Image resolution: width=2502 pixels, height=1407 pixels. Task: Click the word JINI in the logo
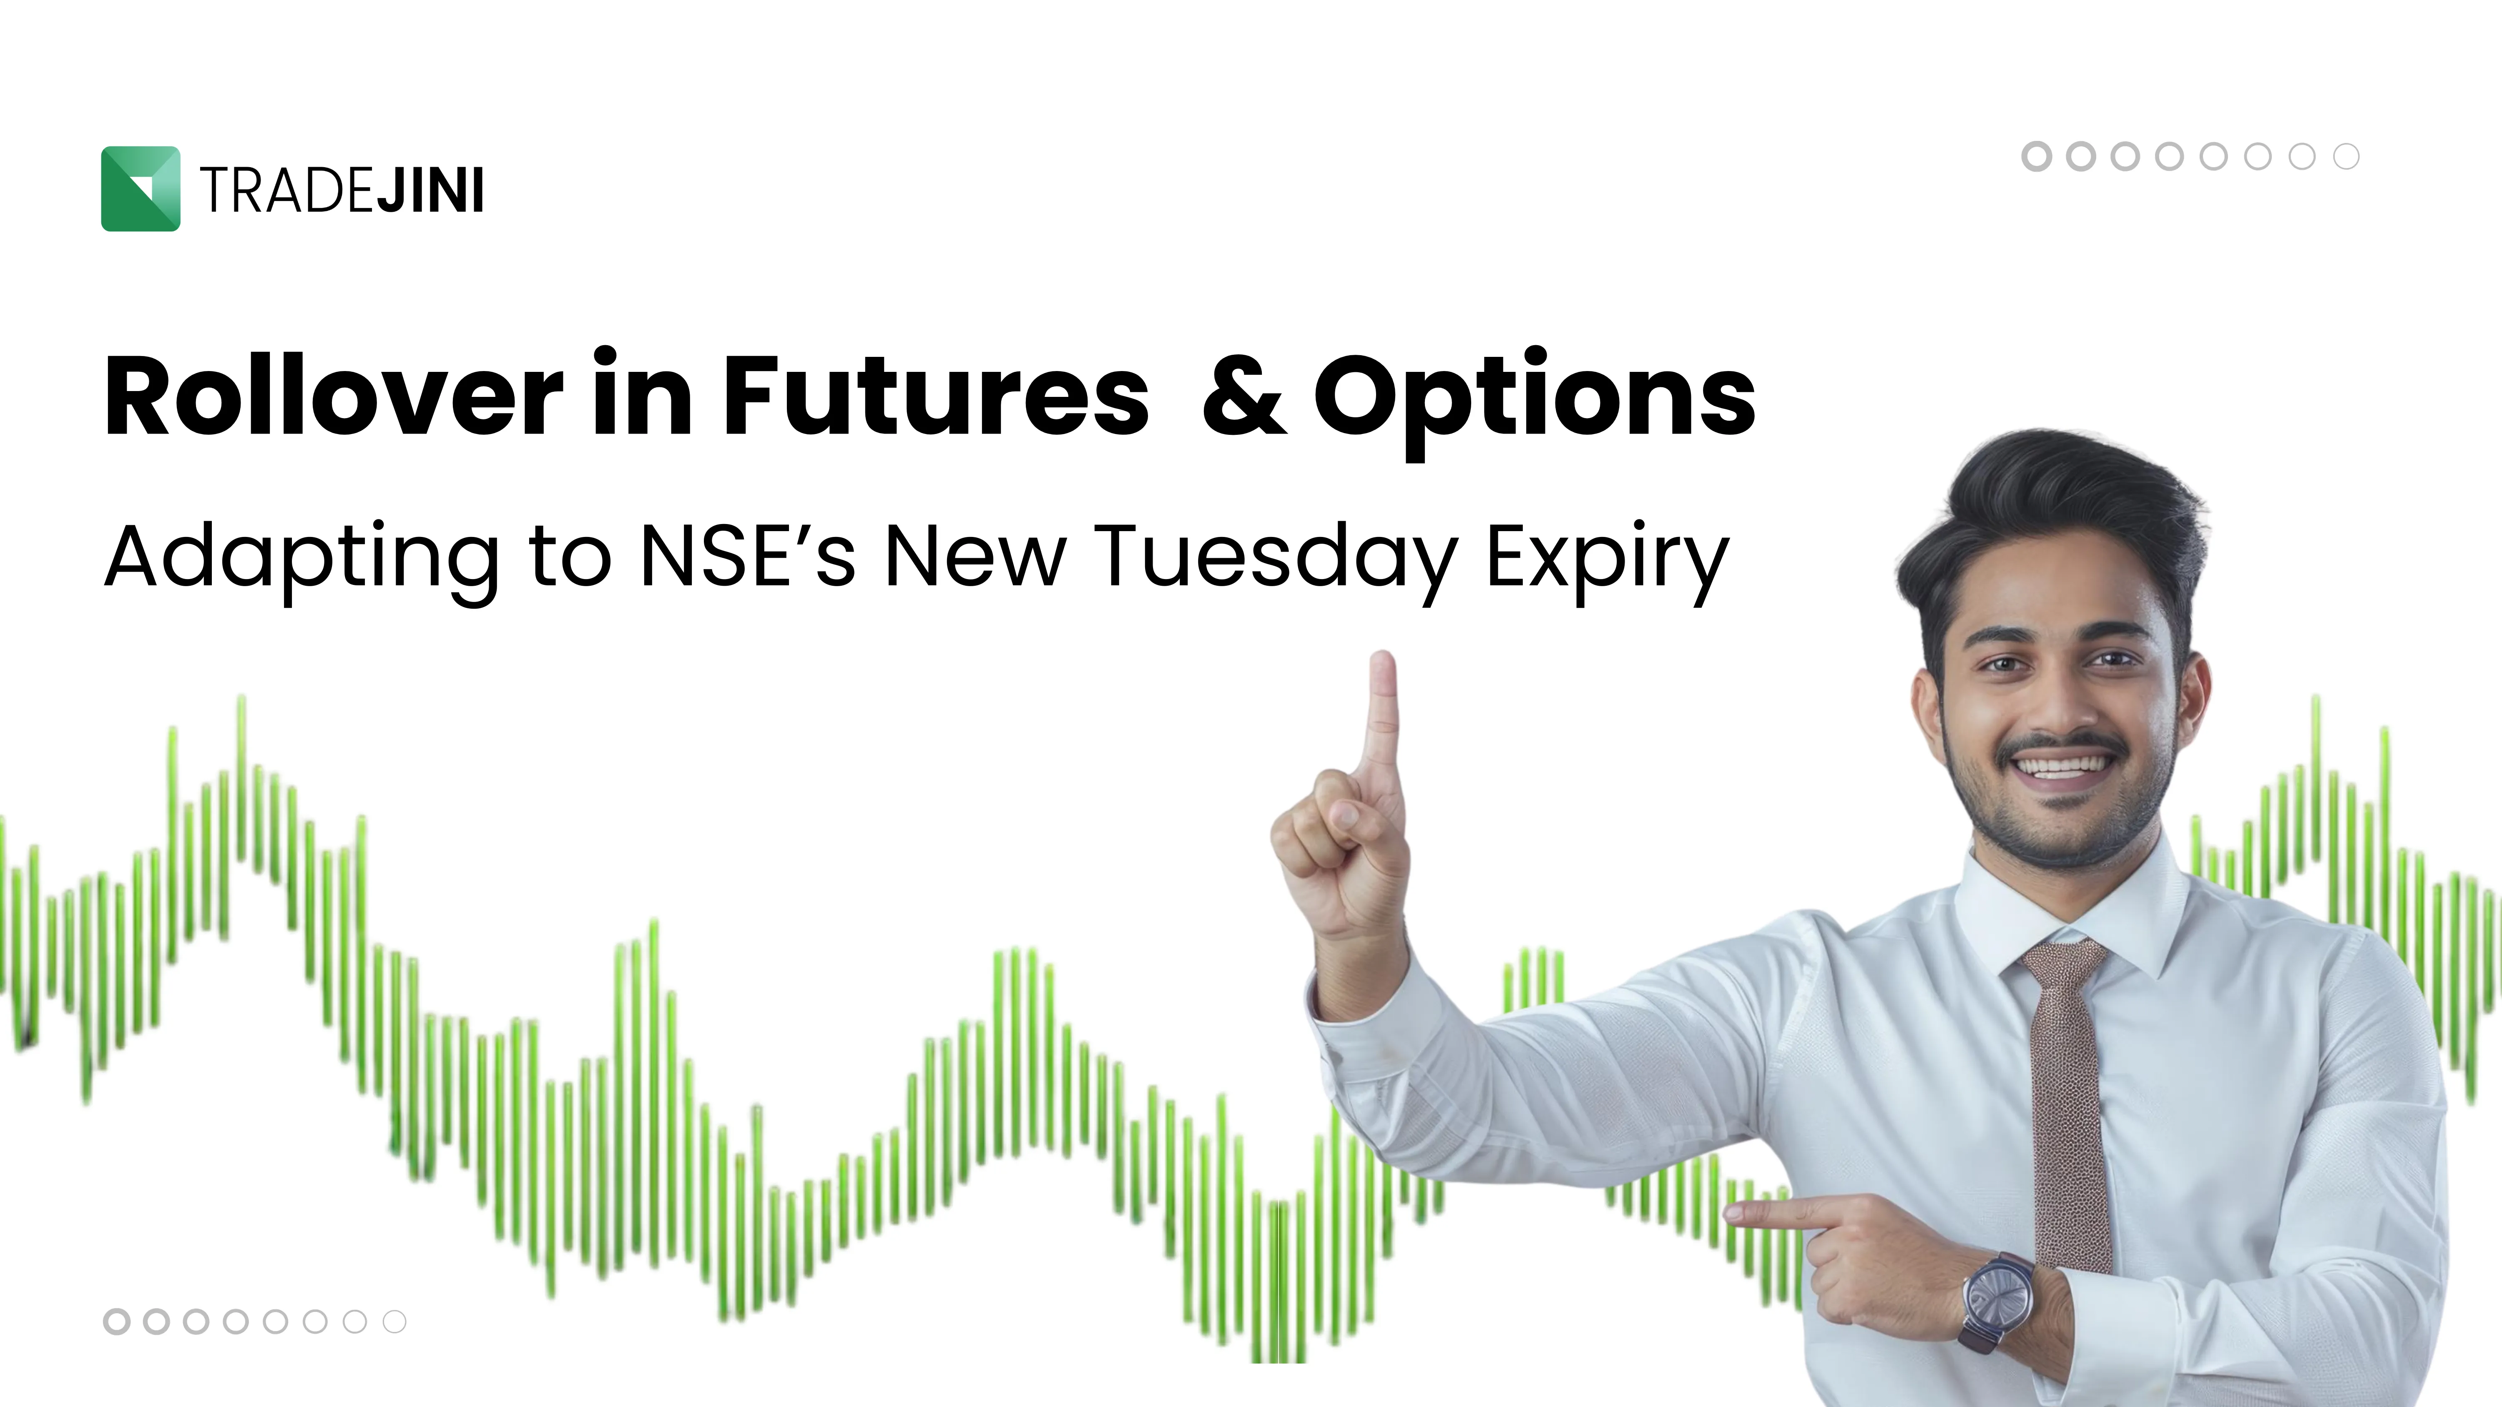tap(430, 191)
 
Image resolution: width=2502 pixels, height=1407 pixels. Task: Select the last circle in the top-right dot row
tap(2346, 156)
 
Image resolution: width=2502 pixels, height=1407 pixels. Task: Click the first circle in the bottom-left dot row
tap(117, 1322)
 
